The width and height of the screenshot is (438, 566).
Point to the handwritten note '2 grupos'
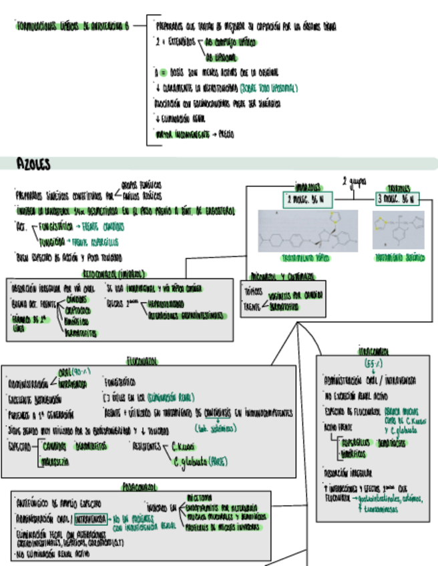[353, 180]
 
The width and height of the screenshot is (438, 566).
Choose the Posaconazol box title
[140, 487]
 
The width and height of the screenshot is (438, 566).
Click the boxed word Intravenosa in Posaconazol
[90, 517]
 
